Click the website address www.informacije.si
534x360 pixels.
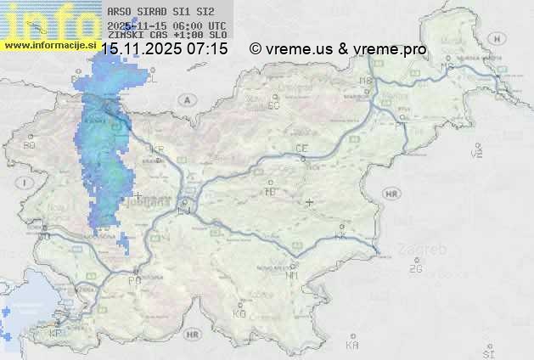[x=47, y=44]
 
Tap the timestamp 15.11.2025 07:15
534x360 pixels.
[x=165, y=49]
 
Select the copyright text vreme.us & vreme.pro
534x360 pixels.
[x=338, y=49]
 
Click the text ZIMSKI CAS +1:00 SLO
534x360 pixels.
[x=167, y=35]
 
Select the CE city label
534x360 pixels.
[x=301, y=149]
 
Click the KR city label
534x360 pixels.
[x=157, y=149]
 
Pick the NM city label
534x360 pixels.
[x=293, y=275]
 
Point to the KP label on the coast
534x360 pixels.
[x=56, y=334]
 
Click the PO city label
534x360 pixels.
[x=133, y=280]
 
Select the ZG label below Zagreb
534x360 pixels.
[x=415, y=269]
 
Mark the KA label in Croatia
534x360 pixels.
[x=352, y=346]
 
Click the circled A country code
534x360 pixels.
[x=185, y=99]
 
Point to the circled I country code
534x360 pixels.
[x=26, y=183]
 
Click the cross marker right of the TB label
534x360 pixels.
[x=310, y=202]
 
